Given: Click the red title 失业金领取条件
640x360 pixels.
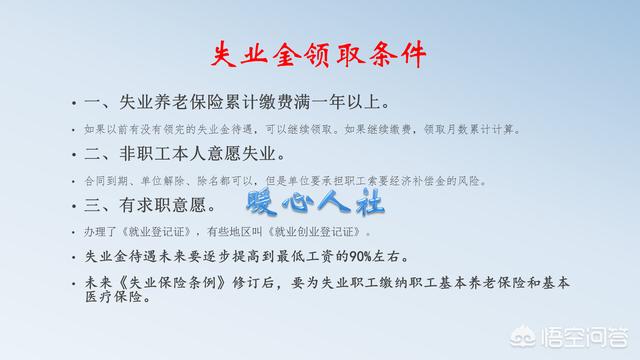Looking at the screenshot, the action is tap(319, 54).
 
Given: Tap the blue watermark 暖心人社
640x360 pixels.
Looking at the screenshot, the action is tap(316, 203).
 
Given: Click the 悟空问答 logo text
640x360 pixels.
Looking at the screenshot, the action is tap(584, 337).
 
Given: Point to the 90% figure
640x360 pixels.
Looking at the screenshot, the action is tap(360, 257).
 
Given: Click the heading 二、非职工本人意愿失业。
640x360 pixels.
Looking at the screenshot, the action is tap(185, 154).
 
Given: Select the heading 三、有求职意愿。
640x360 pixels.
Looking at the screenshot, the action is tap(150, 205).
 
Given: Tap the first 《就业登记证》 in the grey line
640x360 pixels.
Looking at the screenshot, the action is tap(157, 232).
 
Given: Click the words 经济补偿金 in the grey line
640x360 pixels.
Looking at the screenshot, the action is tap(412, 181).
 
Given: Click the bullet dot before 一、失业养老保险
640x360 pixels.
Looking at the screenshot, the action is tap(73, 103).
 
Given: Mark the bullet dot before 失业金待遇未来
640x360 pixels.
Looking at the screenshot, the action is tap(73, 258).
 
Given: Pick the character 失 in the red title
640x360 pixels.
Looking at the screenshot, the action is tap(224, 55).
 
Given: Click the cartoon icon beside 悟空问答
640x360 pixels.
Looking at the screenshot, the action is tap(523, 336).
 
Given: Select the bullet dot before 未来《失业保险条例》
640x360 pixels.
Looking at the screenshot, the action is tap(73, 284).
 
